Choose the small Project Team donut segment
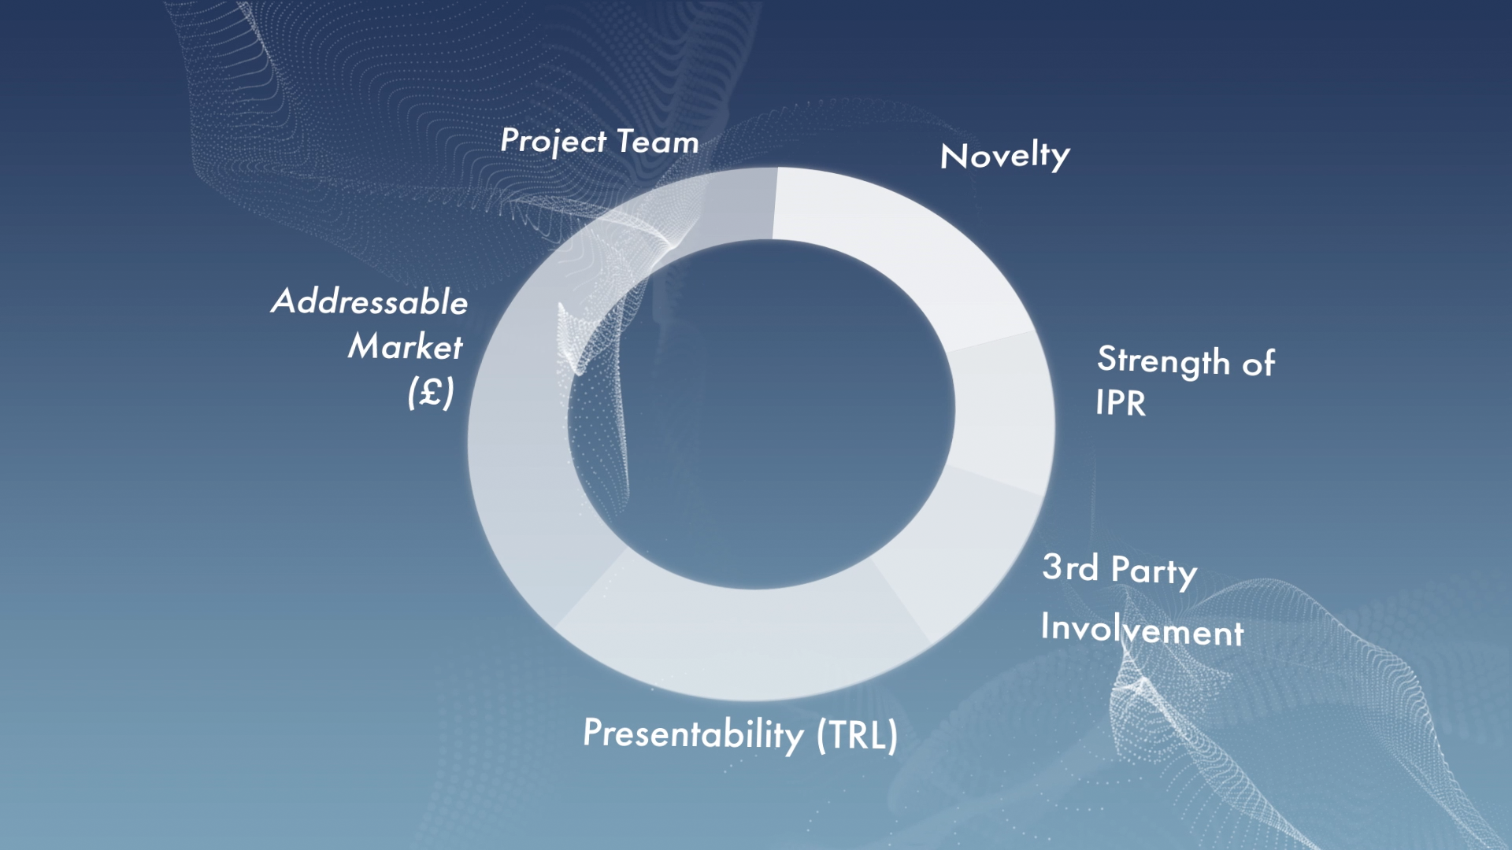coord(736,205)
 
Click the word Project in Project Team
coord(554,142)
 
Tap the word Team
coord(658,142)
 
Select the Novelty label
coord(1005,156)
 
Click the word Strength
coord(1163,361)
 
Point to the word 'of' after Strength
coord(1258,363)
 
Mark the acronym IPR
coord(1121,403)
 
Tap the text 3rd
coord(1070,567)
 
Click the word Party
coord(1154,571)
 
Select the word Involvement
coord(1142,629)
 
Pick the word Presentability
coord(693,734)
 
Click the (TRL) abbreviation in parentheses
coord(857,735)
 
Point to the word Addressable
coord(369,301)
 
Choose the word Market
coord(406,346)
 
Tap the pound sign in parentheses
coord(431,391)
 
